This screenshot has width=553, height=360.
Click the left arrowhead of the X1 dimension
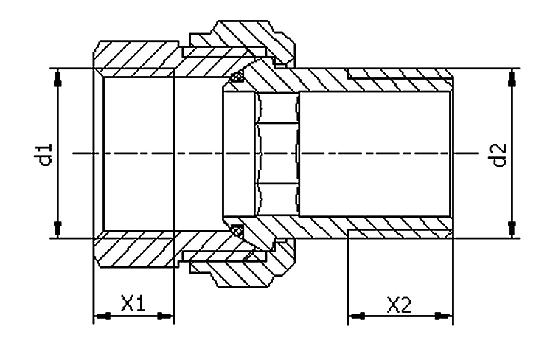coord(101,316)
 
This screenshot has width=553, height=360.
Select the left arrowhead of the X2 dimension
coord(356,316)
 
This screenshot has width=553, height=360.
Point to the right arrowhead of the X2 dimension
coord(445,316)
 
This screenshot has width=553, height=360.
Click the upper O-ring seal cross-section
coord(237,76)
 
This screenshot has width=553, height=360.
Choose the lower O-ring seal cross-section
coord(237,231)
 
